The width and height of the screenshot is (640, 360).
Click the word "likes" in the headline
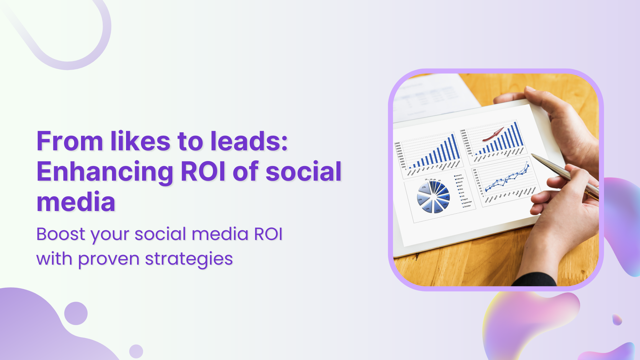coord(140,141)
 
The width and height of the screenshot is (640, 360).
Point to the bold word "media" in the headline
coord(76,202)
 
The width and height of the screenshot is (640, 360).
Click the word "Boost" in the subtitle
coord(61,234)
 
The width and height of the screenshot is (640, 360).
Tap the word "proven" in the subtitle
coord(108,259)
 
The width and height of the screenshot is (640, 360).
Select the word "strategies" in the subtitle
coord(189,259)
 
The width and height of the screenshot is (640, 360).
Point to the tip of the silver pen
coord(532,155)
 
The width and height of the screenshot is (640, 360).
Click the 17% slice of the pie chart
coord(424,188)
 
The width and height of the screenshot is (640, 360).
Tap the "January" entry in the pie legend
coord(458,175)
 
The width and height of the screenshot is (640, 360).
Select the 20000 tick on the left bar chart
coord(397,143)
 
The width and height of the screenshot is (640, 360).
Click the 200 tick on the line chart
coord(474,170)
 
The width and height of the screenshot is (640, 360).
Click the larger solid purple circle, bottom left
coord(76,313)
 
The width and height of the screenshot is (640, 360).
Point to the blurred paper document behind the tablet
coord(430,97)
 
